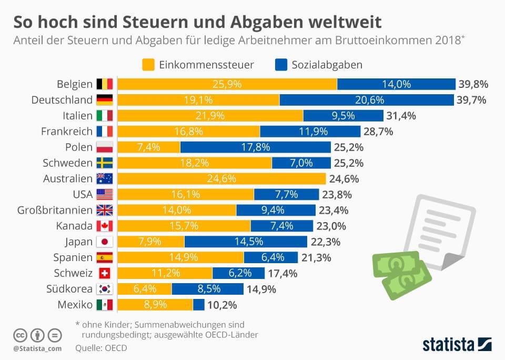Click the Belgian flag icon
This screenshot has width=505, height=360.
pos(104,84)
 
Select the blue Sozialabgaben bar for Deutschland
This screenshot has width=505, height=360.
pos(367,99)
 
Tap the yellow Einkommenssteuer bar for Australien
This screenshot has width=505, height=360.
pos(221,178)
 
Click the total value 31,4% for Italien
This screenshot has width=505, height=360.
pos(401,115)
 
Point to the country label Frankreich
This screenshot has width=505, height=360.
pos(66,131)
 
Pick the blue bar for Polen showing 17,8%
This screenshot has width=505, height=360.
pos(255,147)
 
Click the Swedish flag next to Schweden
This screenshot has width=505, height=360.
pos(104,163)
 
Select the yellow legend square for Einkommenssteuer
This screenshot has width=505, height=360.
pos(148,65)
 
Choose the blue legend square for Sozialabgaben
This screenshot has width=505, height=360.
pos(281,65)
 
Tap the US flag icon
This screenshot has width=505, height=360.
pos(104,194)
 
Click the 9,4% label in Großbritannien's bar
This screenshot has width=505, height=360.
pos(272,210)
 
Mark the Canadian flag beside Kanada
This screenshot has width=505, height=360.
pos(104,226)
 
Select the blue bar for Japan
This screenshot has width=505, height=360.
pos(246,242)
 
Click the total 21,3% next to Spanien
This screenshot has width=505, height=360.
pos(316,257)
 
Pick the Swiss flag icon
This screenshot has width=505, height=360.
pos(104,273)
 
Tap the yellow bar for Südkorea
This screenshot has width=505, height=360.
pos(144,289)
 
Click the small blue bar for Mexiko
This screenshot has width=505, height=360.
pos(199,305)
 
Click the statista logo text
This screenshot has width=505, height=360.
pos(448,345)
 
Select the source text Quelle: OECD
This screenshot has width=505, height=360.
pos(101,347)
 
